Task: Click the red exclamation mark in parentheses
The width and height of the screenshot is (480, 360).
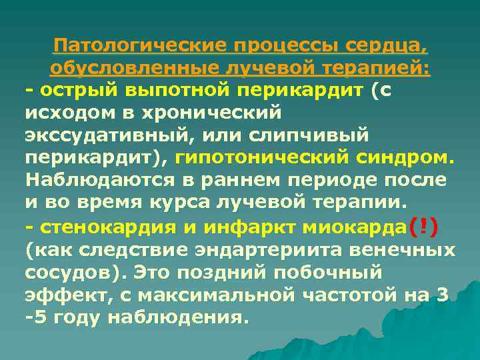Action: [x=423, y=227]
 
